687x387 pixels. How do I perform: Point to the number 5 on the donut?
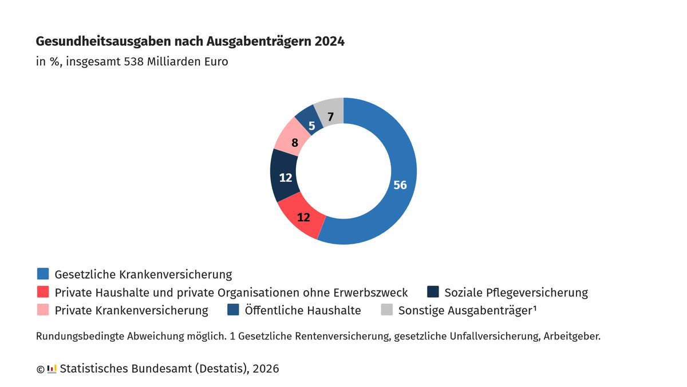[x=311, y=126]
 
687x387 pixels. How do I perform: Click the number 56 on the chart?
[x=400, y=185]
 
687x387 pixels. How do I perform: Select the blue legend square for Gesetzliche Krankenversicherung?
[x=42, y=273]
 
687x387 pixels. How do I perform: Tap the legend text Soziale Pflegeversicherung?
[x=516, y=292]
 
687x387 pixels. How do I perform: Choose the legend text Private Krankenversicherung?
[x=131, y=311]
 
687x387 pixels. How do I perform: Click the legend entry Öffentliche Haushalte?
[x=303, y=311]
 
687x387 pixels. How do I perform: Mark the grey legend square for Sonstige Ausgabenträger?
[x=387, y=310]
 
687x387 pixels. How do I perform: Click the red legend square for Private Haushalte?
[x=42, y=292]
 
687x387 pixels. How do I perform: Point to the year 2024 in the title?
[x=329, y=42]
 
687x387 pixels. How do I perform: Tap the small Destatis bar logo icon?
[x=52, y=369]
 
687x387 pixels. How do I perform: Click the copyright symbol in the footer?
[x=40, y=369]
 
